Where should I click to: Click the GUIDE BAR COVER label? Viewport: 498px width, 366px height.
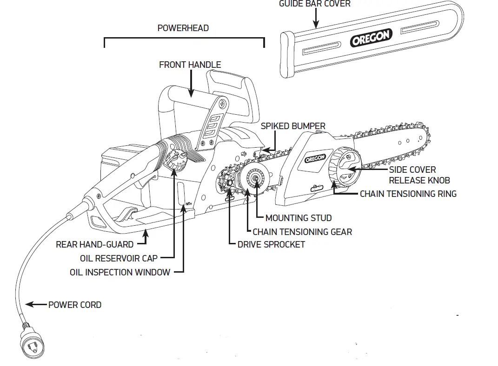point(314,4)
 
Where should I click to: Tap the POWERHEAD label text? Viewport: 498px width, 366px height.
point(183,28)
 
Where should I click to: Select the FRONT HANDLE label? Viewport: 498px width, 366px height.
point(190,65)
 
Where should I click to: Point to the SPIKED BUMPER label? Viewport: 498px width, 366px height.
point(293,126)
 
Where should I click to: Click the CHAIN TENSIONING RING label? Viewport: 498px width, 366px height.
point(408,194)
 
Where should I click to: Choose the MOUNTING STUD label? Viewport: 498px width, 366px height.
point(298,217)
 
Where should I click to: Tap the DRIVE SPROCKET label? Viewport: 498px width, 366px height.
point(271,244)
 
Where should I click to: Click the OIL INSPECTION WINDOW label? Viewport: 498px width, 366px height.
point(120,272)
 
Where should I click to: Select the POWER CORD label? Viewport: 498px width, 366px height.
point(75,305)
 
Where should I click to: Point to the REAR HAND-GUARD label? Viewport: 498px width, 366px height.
point(94,244)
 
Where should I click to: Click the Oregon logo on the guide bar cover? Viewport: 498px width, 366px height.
point(371,38)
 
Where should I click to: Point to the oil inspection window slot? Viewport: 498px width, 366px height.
point(181,194)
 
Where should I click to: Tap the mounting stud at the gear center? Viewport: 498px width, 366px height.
point(255,178)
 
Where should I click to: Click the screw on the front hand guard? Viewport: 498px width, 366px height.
point(224,103)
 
